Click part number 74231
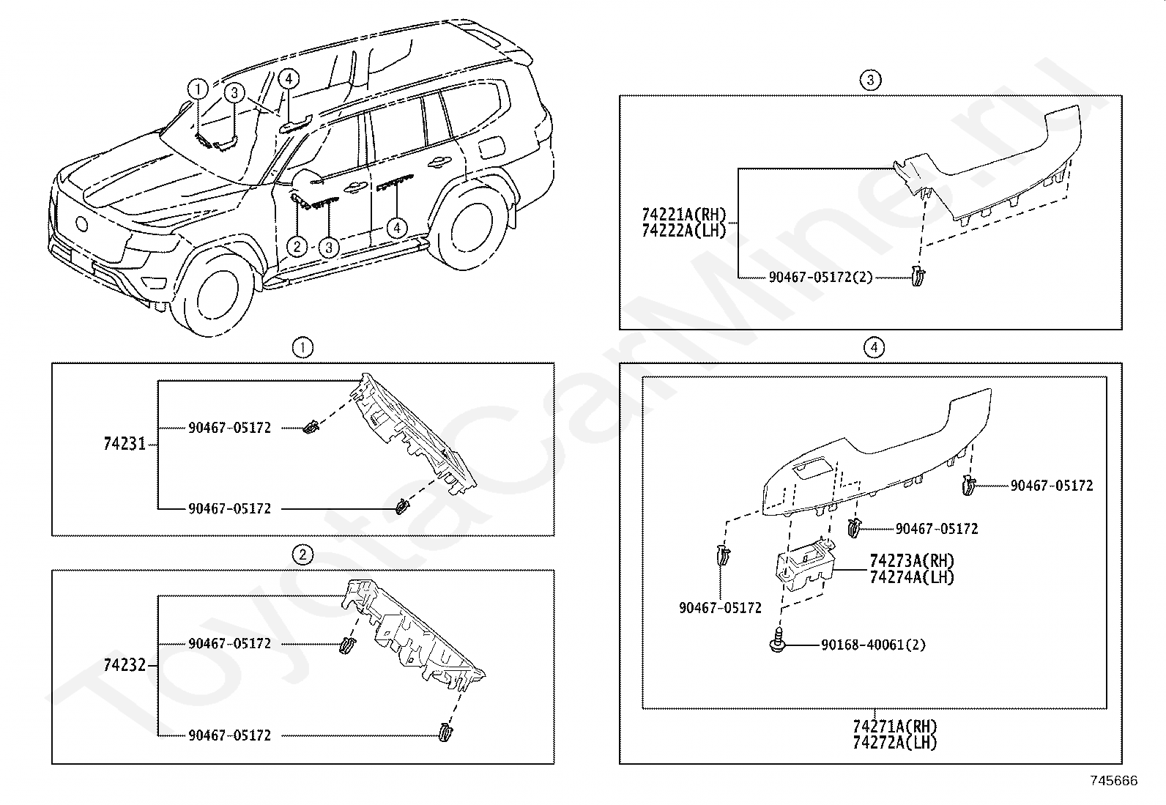pos(125,444)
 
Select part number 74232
pos(125,665)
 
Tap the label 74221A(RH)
pos(683,215)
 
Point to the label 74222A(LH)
pos(683,230)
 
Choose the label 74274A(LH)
pos(912,577)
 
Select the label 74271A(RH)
pos(894,727)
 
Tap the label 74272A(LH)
pos(894,742)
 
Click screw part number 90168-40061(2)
pos(873,645)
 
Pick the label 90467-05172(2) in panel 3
pos(820,278)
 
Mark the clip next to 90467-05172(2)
pos(919,276)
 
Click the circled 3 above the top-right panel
pos(869,80)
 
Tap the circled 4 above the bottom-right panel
pos(873,347)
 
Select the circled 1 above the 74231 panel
pos(302,347)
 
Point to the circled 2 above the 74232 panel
pos(302,554)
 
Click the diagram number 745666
pos(1114,782)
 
